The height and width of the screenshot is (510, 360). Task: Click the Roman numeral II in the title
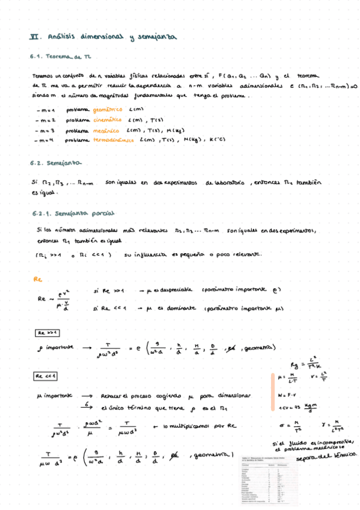pos(34,36)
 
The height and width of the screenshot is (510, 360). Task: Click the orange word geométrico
pos(108,109)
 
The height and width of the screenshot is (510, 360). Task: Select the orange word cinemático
pos(108,120)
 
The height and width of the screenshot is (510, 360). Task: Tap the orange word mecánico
pos(105,130)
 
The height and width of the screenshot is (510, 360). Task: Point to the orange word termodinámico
pos(114,140)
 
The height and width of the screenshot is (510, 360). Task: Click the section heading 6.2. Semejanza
pos(53,163)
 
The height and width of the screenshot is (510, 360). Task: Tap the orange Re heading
pos(37,280)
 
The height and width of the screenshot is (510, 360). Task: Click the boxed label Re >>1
pos(47,333)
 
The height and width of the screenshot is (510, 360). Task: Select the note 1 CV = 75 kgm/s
pos(297,407)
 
